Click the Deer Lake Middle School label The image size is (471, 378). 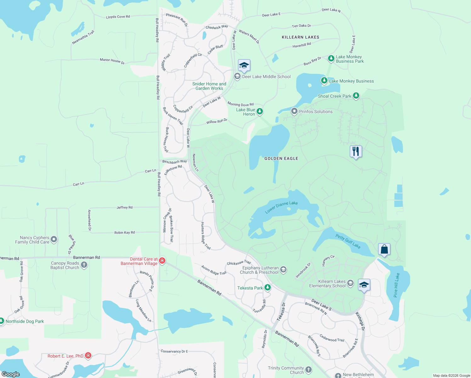click(266, 77)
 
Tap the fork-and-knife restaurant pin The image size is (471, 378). click(356, 152)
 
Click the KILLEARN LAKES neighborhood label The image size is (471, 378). click(300, 37)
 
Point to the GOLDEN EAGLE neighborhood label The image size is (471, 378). click(281, 158)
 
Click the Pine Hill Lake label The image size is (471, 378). click(396, 285)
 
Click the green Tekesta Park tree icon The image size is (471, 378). click(267, 287)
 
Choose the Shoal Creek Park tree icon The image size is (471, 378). click(356, 95)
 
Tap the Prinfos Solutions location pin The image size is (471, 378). click(294, 111)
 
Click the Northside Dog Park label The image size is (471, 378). click(25, 321)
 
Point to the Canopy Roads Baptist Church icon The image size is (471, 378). click(84, 265)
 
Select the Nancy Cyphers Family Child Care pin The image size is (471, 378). click(54, 239)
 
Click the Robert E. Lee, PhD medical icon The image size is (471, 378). click(88, 356)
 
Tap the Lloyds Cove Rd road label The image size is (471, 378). click(118, 17)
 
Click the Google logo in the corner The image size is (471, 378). click(11, 374)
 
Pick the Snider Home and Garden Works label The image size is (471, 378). click(209, 86)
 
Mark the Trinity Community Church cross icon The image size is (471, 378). click(309, 369)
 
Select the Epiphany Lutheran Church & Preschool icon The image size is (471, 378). click(283, 269)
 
